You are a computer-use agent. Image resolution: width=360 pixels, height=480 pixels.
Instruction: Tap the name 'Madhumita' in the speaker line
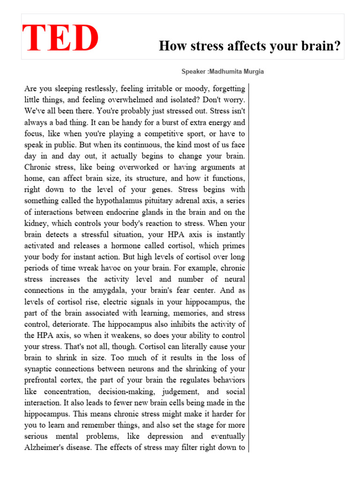pos(231,72)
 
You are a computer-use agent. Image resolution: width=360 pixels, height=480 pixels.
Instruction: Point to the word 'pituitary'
pos(175,201)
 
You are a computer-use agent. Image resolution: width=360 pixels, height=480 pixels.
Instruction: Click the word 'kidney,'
pos(37,223)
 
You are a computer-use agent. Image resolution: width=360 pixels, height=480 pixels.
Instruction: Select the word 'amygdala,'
pos(106,291)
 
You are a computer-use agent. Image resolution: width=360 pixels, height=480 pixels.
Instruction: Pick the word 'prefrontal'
pos(43,380)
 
